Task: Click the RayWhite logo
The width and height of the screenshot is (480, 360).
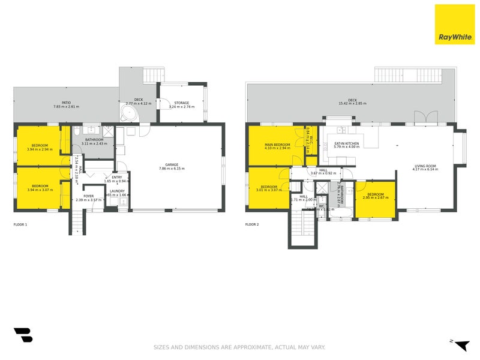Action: (x=454, y=25)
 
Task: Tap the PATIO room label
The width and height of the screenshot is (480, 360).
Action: (x=66, y=103)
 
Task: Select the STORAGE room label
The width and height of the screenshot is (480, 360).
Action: (x=182, y=103)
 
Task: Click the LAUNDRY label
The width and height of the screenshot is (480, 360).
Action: (x=117, y=191)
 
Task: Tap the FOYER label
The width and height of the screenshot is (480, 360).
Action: (x=89, y=195)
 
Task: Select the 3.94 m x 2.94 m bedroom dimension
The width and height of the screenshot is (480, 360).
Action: (x=40, y=149)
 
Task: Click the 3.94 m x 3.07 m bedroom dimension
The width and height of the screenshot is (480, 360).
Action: (x=40, y=190)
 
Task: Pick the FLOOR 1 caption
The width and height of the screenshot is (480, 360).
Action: (x=20, y=224)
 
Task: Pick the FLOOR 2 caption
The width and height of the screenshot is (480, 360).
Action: (x=252, y=224)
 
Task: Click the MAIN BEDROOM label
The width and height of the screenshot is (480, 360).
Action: (x=277, y=145)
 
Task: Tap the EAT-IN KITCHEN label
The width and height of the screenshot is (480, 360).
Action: (x=347, y=143)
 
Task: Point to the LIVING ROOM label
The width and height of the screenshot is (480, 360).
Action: (x=425, y=166)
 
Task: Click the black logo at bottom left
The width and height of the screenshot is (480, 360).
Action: (x=23, y=335)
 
